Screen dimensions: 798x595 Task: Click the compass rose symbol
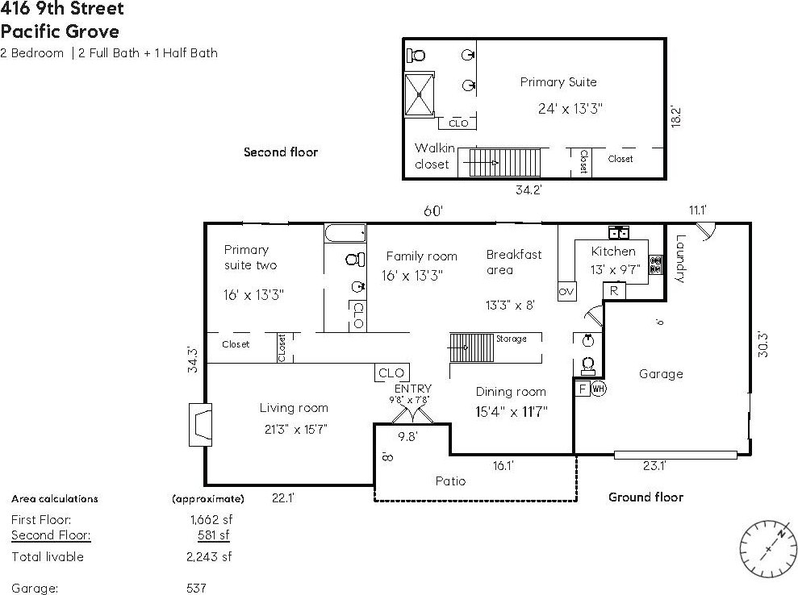[x=768, y=549]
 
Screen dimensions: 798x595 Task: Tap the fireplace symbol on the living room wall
[x=201, y=425]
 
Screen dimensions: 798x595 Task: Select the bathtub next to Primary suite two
[x=345, y=233]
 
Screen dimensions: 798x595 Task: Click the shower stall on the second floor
[x=420, y=94]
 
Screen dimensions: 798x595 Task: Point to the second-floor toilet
[x=416, y=55]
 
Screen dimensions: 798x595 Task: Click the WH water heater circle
[x=599, y=389]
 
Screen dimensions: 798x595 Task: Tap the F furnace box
[x=583, y=389]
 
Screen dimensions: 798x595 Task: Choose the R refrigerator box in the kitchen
[x=614, y=291]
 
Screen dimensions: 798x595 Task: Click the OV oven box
[x=566, y=291]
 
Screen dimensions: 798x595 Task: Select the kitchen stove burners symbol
[x=655, y=265]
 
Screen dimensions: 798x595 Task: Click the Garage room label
[x=661, y=374]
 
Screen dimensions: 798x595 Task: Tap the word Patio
[x=450, y=481]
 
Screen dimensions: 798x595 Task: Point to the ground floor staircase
[x=471, y=347]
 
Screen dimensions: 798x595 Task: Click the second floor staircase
[x=503, y=163]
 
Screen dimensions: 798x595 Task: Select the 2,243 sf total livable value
[x=209, y=557]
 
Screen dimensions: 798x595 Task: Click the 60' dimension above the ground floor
[x=433, y=210]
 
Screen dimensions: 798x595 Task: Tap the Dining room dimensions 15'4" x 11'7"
[x=512, y=411]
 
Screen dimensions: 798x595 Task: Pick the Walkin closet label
[x=432, y=156]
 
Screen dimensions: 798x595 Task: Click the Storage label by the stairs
[x=512, y=339]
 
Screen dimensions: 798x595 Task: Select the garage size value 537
[x=196, y=589]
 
